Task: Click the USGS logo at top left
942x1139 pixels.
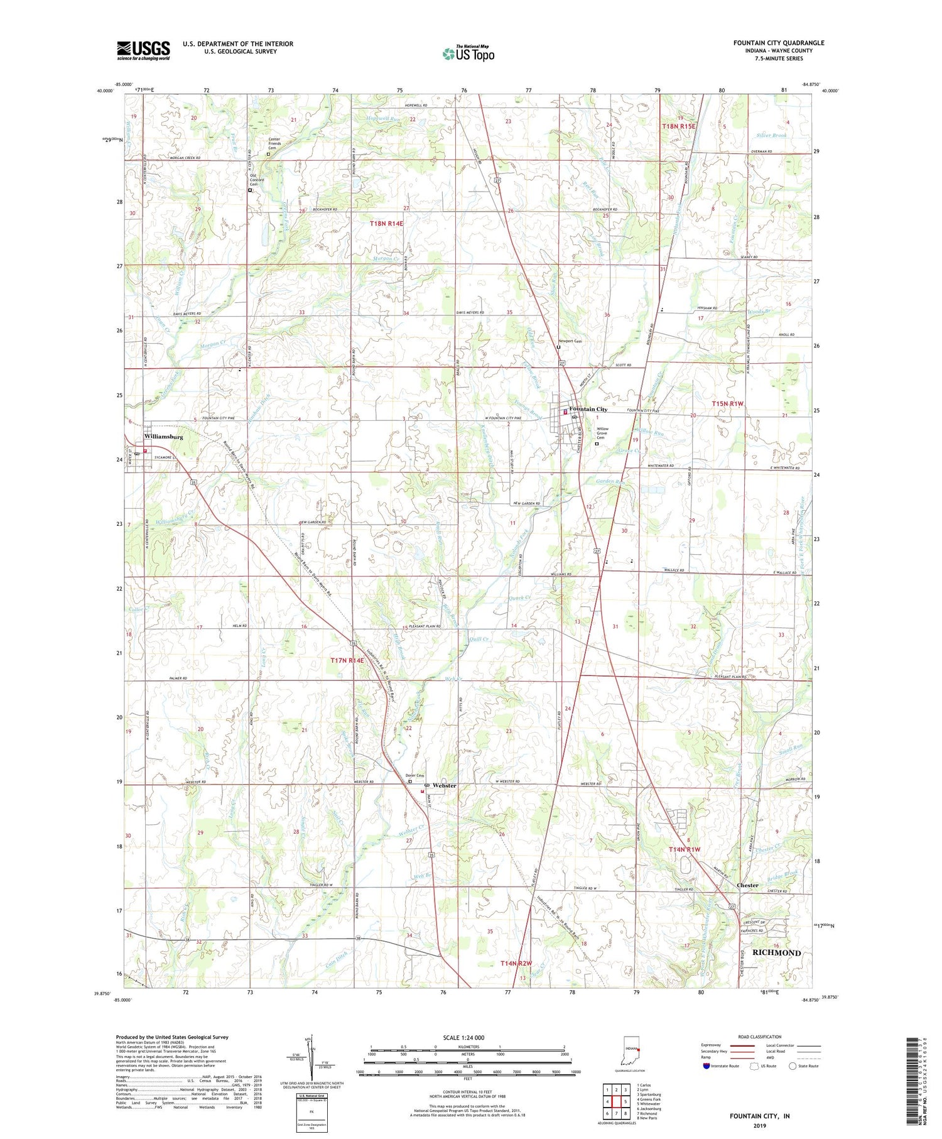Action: (143, 50)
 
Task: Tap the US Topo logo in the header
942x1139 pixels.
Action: (468, 54)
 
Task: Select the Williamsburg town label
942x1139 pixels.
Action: (163, 436)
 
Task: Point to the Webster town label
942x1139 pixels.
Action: (444, 785)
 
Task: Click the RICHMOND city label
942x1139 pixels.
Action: (777, 953)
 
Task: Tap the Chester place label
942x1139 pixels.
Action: (747, 885)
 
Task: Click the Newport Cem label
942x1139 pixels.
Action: (571, 341)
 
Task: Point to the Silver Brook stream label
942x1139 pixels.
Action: (771, 136)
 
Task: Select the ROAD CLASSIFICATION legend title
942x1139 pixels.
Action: (760, 1037)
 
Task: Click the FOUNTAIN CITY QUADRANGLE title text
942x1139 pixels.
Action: (778, 43)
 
